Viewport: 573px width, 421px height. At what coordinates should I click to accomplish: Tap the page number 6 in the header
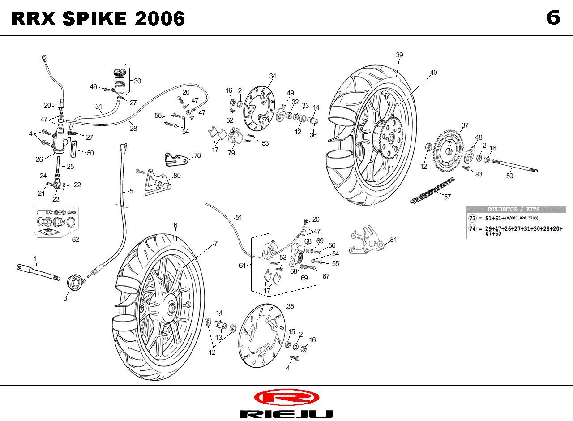point(553,17)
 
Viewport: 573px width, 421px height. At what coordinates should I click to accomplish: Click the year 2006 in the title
point(159,18)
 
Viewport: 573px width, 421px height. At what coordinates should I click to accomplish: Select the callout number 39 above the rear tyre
point(399,55)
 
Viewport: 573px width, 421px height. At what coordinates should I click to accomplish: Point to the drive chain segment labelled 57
point(432,190)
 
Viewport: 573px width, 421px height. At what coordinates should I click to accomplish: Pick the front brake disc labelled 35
point(262,335)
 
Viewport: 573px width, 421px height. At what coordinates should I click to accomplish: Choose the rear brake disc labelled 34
point(259,108)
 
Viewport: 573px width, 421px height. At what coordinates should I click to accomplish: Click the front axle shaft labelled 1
point(38,272)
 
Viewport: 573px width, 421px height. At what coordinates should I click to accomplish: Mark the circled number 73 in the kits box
point(472,218)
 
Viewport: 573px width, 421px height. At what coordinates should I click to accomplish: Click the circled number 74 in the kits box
point(472,228)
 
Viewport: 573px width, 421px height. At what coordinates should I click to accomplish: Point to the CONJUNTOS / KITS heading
point(513,209)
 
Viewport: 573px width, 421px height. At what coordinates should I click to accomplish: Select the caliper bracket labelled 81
point(367,240)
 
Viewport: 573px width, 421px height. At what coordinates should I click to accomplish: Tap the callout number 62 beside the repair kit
point(75,240)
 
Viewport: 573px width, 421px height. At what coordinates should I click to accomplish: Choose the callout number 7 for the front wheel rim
point(216,244)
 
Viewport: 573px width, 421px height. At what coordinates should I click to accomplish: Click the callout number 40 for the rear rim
point(433,73)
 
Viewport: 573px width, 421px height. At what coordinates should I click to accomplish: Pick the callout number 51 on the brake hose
point(239,218)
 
